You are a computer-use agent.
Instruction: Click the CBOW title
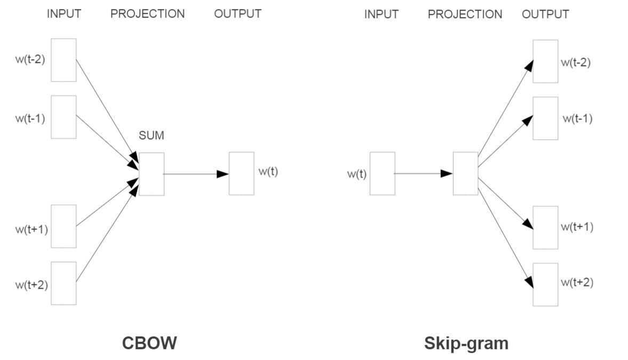(x=149, y=343)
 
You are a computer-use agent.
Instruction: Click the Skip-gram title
(x=466, y=343)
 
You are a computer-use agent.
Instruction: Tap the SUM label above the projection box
(x=152, y=136)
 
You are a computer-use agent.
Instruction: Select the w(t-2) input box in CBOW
(x=63, y=60)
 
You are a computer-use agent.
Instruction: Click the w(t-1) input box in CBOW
(x=63, y=117)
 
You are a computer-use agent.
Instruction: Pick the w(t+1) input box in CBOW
(x=63, y=226)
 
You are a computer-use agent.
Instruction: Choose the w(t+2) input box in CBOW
(x=63, y=283)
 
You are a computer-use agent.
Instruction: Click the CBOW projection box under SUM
(x=152, y=174)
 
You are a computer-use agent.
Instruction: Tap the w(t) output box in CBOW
(x=241, y=173)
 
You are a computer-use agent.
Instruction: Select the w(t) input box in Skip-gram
(x=382, y=173)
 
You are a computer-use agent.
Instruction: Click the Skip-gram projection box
(x=465, y=173)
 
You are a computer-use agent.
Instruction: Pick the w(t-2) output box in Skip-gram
(x=545, y=61)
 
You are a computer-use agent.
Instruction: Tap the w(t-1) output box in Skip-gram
(x=545, y=118)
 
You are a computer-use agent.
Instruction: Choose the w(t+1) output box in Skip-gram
(x=545, y=228)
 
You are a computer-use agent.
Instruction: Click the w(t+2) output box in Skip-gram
(x=545, y=284)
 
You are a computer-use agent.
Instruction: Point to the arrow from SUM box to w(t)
(x=195, y=174)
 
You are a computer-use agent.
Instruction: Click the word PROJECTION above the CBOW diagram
(x=147, y=14)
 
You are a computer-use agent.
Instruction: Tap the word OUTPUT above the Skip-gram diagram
(x=545, y=14)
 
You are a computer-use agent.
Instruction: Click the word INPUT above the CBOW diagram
(x=64, y=14)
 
